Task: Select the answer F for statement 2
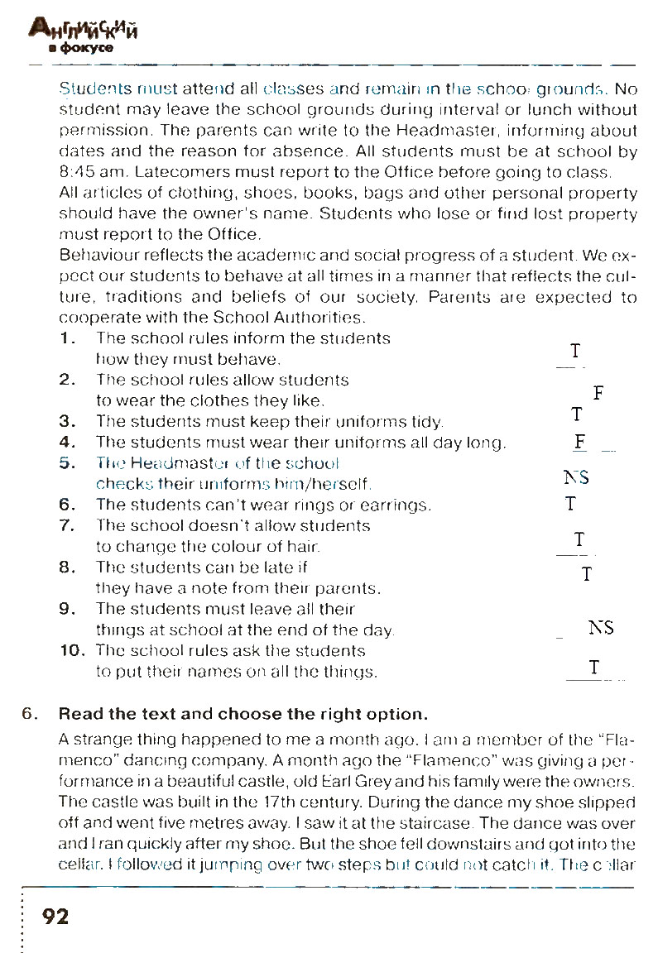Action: pyautogui.click(x=598, y=393)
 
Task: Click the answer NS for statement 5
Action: pyautogui.click(x=575, y=477)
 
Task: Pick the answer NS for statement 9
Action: pyautogui.click(x=601, y=627)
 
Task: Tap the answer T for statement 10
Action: pyautogui.click(x=593, y=667)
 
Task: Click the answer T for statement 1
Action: pyautogui.click(x=575, y=350)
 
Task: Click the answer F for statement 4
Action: pyautogui.click(x=579, y=441)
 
